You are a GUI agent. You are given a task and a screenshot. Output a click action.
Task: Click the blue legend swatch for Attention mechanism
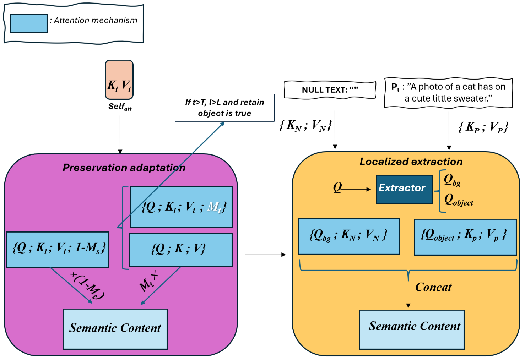29,23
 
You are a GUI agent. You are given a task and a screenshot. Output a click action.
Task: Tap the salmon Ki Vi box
119,80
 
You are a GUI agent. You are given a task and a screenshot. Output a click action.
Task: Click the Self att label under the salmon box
120,107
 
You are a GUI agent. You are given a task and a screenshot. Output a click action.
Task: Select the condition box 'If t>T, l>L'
224,108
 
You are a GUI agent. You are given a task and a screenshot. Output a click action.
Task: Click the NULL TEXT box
330,90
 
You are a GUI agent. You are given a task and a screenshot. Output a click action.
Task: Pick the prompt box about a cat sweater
448,93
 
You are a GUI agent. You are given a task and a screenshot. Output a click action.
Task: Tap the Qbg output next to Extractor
452,180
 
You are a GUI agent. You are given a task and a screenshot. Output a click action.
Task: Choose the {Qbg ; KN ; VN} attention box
349,236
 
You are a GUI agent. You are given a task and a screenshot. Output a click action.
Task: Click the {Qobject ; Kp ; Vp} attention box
465,237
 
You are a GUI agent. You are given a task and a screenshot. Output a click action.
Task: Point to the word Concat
433,287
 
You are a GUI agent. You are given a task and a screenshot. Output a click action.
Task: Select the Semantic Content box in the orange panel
412,329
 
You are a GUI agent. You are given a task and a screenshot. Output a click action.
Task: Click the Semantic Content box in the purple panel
115,329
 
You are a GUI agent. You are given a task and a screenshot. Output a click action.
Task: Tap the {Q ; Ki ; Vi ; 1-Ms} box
58,250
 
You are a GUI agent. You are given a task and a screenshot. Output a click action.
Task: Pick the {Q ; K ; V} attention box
180,250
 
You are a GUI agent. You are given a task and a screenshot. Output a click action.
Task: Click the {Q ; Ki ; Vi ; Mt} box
181,207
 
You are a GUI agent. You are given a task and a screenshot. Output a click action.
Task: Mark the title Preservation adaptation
124,168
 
